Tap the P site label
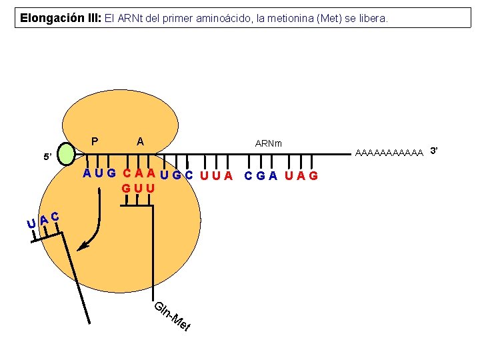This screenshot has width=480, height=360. point(95,141)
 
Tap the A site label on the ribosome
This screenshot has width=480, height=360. point(139,141)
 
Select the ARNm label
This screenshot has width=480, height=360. point(269,143)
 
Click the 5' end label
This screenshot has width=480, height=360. point(47,157)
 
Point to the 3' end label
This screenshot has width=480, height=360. point(434,151)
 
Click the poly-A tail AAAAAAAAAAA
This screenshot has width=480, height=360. point(390,153)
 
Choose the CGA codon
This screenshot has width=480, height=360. point(261,176)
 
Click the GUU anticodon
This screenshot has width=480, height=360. point(138,189)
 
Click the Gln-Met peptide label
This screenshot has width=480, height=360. point(173,317)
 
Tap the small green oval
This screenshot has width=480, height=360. point(68,154)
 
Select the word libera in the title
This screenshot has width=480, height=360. point(373,18)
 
